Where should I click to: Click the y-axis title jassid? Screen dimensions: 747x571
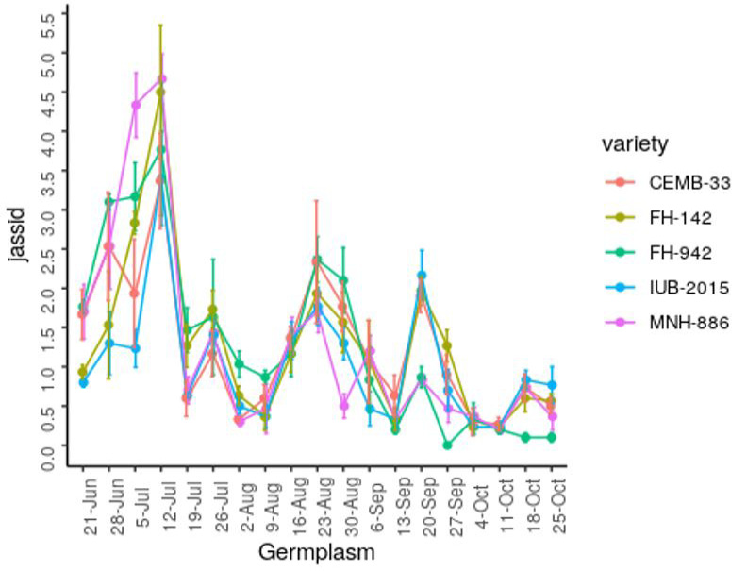pos(17,234)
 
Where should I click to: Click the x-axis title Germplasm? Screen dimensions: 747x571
pos(317,552)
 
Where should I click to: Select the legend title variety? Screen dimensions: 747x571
pos(635,144)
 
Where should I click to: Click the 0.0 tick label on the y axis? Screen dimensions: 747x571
pos(49,457)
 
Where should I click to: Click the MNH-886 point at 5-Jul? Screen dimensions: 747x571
pos(136,105)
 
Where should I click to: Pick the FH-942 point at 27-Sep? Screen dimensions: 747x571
pos(447,445)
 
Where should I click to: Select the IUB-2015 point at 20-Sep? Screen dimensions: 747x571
pos(422,275)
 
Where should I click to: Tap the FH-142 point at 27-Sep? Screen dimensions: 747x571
pos(447,345)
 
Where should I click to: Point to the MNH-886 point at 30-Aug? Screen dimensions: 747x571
pos(343,406)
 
